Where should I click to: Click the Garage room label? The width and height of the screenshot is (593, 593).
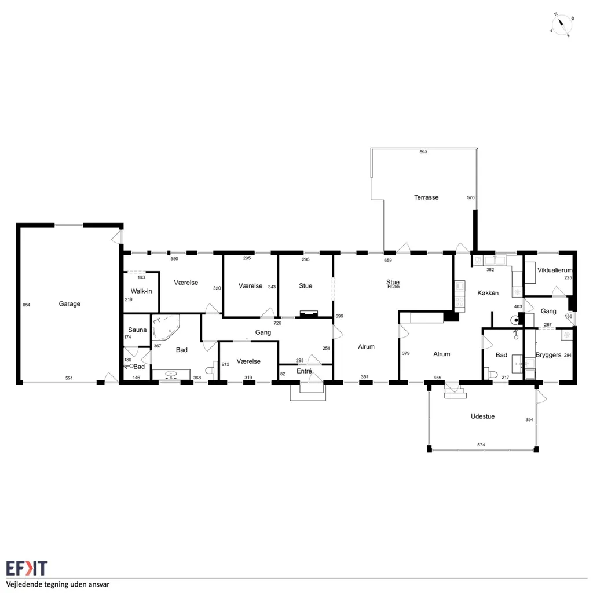pyautogui.click(x=69, y=303)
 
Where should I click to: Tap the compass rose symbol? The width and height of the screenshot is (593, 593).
pyautogui.click(x=562, y=25)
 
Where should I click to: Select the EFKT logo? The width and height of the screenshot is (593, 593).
pyautogui.click(x=27, y=569)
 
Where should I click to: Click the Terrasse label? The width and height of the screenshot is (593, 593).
pyautogui.click(x=426, y=197)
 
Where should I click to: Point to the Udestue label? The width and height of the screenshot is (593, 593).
pyautogui.click(x=482, y=416)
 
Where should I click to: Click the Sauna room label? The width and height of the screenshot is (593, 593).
pyautogui.click(x=137, y=330)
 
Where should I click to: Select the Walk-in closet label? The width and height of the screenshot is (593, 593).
pyautogui.click(x=141, y=291)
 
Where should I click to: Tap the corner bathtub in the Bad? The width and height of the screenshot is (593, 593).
pyautogui.click(x=166, y=328)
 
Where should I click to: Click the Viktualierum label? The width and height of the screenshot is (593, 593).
pyautogui.click(x=555, y=270)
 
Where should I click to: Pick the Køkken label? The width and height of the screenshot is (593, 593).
pyautogui.click(x=488, y=293)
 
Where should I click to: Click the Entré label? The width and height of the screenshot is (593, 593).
pyautogui.click(x=305, y=371)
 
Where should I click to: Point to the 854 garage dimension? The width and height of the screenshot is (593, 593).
pyautogui.click(x=27, y=305)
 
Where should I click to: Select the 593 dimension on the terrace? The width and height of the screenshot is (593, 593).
pyautogui.click(x=423, y=152)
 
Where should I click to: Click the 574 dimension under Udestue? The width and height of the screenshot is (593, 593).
pyautogui.click(x=481, y=445)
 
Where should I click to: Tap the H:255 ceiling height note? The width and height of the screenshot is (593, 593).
pyautogui.click(x=393, y=287)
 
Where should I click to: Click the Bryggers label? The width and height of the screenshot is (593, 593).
pyautogui.click(x=548, y=355)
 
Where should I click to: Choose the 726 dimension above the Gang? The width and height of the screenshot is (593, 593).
pyautogui.click(x=277, y=323)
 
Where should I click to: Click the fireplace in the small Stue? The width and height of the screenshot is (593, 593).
pyautogui.click(x=309, y=313)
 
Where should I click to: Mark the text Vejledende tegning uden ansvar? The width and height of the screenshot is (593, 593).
pyautogui.click(x=58, y=585)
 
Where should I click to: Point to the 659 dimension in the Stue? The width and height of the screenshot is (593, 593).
pyautogui.click(x=388, y=261)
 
